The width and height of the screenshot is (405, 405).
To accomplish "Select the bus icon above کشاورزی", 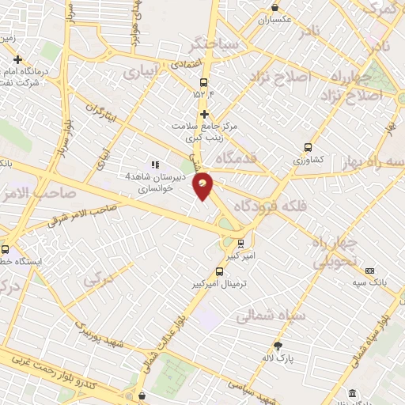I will pos(308,146).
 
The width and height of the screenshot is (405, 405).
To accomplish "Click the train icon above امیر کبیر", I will pos(240,244).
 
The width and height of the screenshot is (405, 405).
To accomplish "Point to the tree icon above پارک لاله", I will pos(278,346).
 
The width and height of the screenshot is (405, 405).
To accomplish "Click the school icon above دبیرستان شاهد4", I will pos(154,165).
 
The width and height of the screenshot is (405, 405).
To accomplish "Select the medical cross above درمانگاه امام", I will pos(17,59).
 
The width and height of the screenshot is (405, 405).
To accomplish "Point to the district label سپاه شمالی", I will pos(266,316).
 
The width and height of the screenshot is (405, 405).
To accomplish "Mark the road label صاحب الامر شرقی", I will pos(82,214).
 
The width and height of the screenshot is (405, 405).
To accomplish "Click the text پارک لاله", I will pos(278,359).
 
